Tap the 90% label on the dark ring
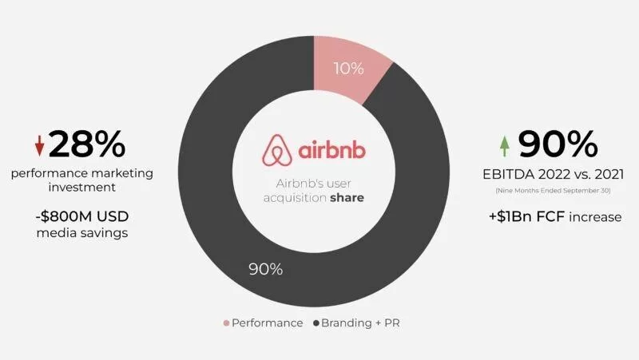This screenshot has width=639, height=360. pyautogui.click(x=264, y=269)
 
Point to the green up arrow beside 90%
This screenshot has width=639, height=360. pyautogui.click(x=504, y=145)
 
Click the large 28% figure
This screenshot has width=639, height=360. pyautogui.click(x=87, y=144)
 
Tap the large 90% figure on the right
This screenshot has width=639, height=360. pyautogui.click(x=558, y=144)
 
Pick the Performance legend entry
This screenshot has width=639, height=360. pyautogui.click(x=263, y=323)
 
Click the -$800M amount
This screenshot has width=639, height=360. pyautogui.click(x=65, y=216)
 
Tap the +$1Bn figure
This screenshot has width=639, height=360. pyautogui.click(x=516, y=216)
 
